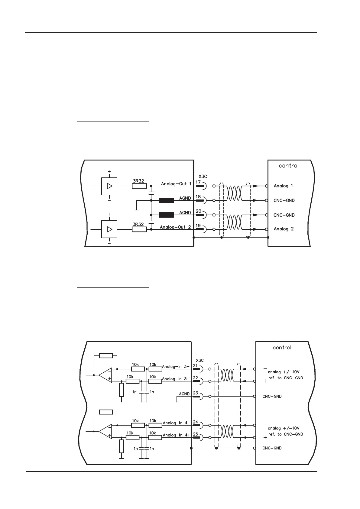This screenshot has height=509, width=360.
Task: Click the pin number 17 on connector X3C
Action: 198,182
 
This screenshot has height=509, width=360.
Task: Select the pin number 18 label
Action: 198,197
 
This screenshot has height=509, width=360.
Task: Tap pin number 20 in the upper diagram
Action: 198,211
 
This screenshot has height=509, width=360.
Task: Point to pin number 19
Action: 198,225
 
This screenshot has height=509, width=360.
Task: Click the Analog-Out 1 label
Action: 176,184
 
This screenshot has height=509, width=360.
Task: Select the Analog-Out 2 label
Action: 175,227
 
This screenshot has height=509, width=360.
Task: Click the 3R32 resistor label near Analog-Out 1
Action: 138,181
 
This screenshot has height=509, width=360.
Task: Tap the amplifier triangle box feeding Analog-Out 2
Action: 109,229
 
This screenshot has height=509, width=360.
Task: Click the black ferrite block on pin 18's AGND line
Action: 166,200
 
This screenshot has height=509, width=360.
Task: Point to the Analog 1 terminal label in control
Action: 283,186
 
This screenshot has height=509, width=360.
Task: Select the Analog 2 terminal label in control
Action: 284,229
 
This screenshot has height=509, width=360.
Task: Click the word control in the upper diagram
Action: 288,166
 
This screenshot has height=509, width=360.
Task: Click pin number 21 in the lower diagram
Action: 195,366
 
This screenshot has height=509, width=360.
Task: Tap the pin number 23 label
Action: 196,393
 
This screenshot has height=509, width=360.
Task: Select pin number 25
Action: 196,434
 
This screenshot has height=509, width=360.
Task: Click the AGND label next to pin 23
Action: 184,394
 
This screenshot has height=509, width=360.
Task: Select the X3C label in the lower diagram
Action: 200,360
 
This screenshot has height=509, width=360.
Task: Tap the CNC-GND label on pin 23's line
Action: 272,396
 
